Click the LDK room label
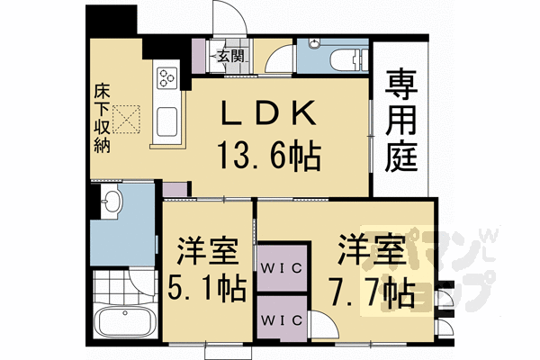(x=268, y=112)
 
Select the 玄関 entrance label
(x=230, y=56)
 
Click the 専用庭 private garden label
(x=401, y=121)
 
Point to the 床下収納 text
(x=102, y=119)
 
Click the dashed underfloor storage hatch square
(x=126, y=119)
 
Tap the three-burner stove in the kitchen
(x=167, y=78)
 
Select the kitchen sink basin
(x=167, y=121)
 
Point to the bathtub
(x=125, y=322)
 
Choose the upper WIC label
(x=281, y=267)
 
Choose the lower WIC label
(x=281, y=320)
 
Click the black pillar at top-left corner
(x=111, y=19)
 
